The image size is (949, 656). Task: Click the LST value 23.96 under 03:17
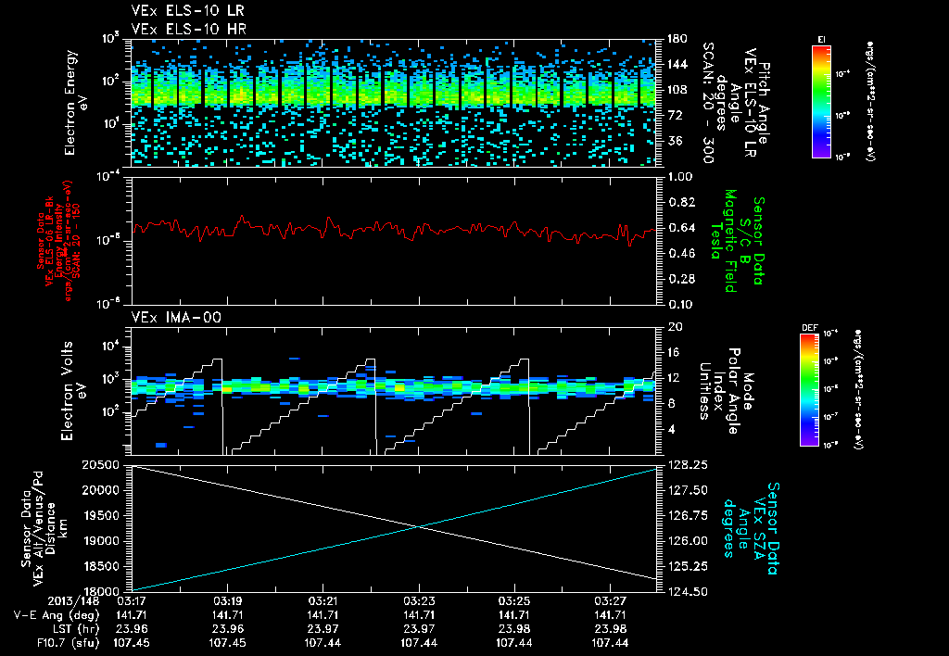tap(131, 627)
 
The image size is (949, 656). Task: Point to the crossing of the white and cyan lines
tap(419, 527)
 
